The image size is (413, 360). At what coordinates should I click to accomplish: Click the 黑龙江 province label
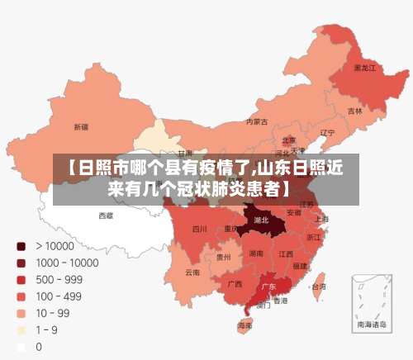click(x=364, y=67)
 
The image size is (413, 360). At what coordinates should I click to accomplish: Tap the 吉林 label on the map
click(x=355, y=111)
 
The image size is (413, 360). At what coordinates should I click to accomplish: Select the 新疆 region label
click(x=81, y=127)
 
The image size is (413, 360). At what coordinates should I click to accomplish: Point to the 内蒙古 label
click(x=257, y=121)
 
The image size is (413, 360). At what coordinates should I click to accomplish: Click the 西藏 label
click(x=107, y=216)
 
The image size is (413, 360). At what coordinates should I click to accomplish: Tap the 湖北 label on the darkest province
click(x=262, y=220)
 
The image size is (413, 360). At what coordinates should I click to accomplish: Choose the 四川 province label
click(x=200, y=229)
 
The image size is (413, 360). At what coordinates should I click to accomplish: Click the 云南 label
click(x=192, y=272)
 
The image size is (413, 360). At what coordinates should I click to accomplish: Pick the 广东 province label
click(x=268, y=287)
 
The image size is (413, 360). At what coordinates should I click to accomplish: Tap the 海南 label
click(x=245, y=326)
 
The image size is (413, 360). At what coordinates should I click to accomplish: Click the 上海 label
click(x=321, y=219)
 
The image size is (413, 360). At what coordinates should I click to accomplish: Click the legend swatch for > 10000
click(x=21, y=245)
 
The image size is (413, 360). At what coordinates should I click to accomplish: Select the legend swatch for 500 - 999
click(x=21, y=279)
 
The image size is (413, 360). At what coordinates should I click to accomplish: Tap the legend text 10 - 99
click(x=52, y=313)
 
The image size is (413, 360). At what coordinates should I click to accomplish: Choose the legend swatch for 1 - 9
click(x=21, y=330)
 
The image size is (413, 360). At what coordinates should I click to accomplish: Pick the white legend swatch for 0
click(x=21, y=347)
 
